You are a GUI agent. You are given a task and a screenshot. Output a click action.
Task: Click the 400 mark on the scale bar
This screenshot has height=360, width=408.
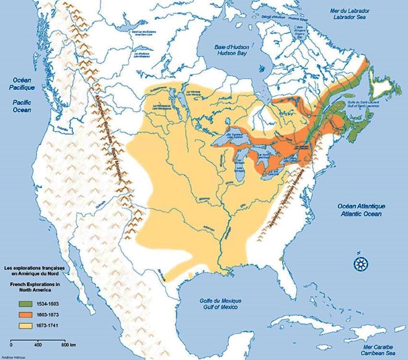(38, 343)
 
